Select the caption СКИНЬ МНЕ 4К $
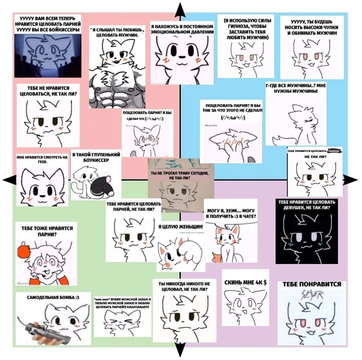tap(245, 283)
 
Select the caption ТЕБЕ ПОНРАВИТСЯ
tap(312, 284)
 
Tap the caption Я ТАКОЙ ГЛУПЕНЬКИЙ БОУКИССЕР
tap(96, 157)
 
